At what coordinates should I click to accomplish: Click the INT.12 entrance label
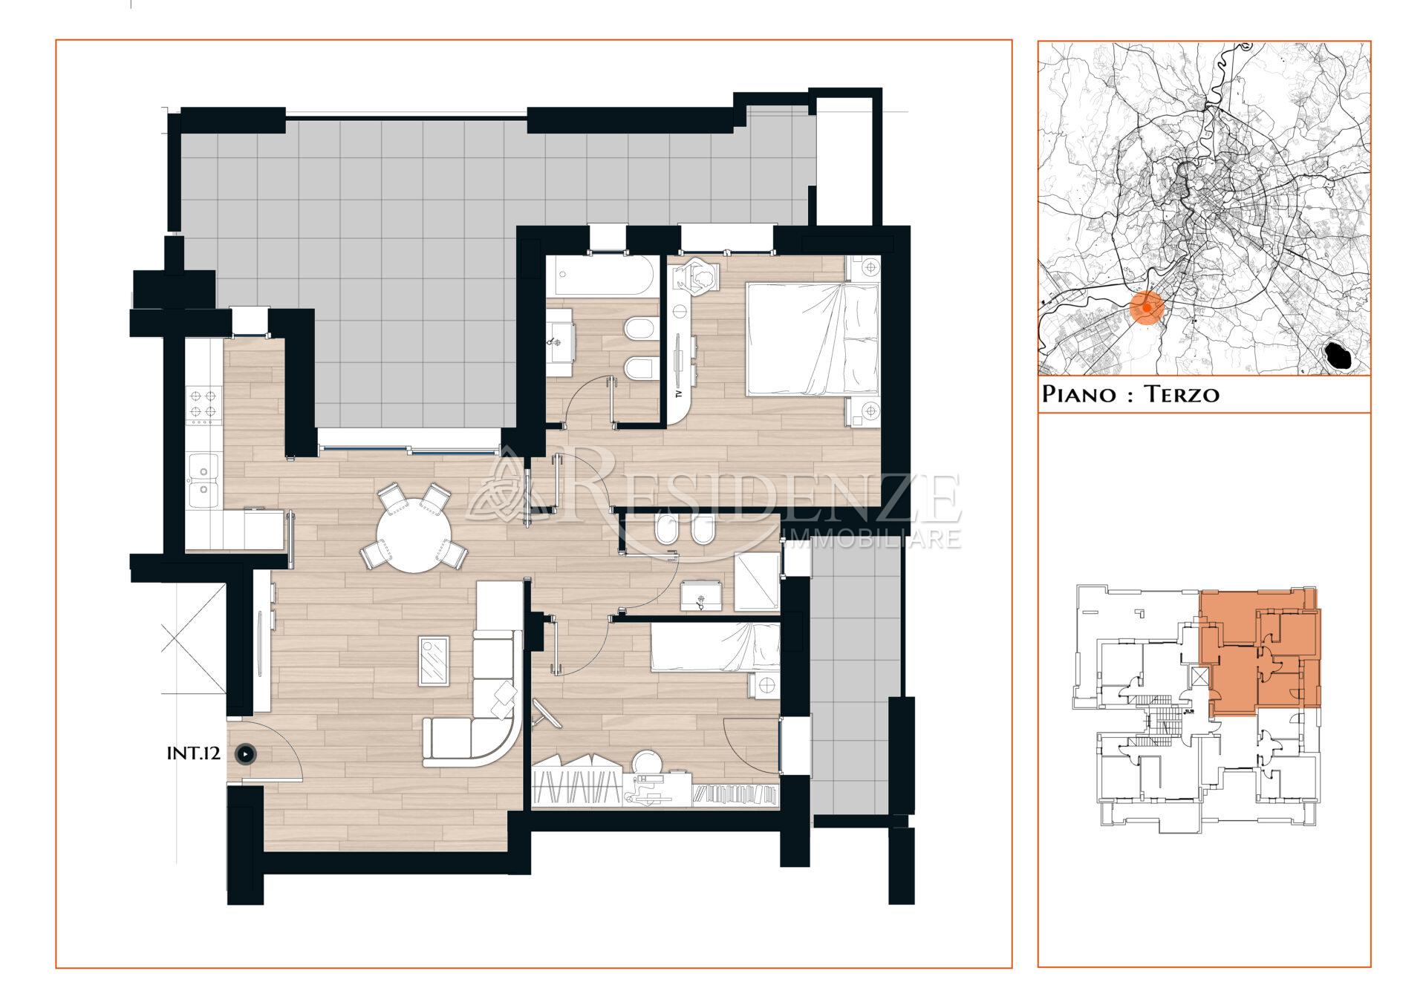[x=193, y=753]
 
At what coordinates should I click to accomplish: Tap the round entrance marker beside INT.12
[x=245, y=754]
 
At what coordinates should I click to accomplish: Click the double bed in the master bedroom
[x=813, y=339]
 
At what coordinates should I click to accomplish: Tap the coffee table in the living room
[x=434, y=661]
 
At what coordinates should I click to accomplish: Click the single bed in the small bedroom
[x=715, y=647]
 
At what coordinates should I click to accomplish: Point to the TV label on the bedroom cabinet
[x=679, y=393]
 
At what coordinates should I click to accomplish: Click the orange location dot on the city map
[x=1147, y=307]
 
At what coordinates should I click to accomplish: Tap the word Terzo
[x=1181, y=393]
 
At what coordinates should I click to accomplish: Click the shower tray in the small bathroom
[x=756, y=582]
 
